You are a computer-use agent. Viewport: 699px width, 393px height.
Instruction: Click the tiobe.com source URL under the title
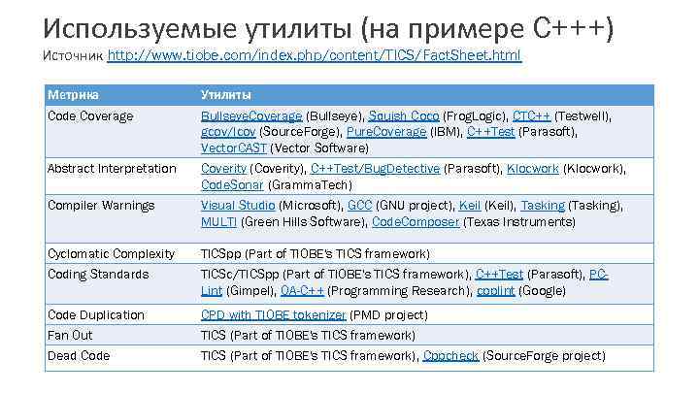point(314,56)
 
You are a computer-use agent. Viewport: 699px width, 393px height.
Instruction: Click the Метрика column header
point(73,95)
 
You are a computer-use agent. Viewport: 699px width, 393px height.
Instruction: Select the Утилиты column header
point(226,95)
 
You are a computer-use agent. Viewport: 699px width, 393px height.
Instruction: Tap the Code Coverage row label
point(90,116)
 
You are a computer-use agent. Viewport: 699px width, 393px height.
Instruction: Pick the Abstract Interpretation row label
point(112,169)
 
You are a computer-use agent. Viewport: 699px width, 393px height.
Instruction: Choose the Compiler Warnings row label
point(101,206)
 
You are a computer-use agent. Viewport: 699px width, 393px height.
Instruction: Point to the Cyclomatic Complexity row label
point(111,254)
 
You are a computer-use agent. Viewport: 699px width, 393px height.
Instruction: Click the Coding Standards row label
point(98,275)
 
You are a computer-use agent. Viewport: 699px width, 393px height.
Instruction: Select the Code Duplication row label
point(95,315)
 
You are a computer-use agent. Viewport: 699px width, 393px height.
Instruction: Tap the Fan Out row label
point(70,336)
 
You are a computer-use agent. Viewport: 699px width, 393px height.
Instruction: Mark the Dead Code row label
point(79,356)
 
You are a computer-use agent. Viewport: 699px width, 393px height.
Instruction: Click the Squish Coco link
point(404,116)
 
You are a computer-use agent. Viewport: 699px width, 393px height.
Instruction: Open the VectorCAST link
point(234,149)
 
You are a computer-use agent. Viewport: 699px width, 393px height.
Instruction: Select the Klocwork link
point(532,169)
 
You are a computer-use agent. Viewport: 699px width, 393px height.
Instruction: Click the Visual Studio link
point(238,206)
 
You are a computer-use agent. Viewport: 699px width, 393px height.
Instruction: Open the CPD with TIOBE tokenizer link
point(273,315)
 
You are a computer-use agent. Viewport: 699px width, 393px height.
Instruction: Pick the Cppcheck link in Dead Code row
point(450,356)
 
